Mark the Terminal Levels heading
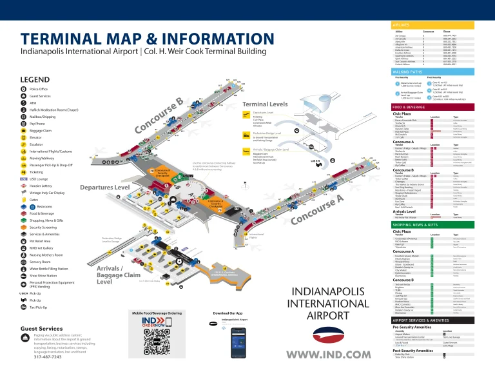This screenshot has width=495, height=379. tap(265, 104)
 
